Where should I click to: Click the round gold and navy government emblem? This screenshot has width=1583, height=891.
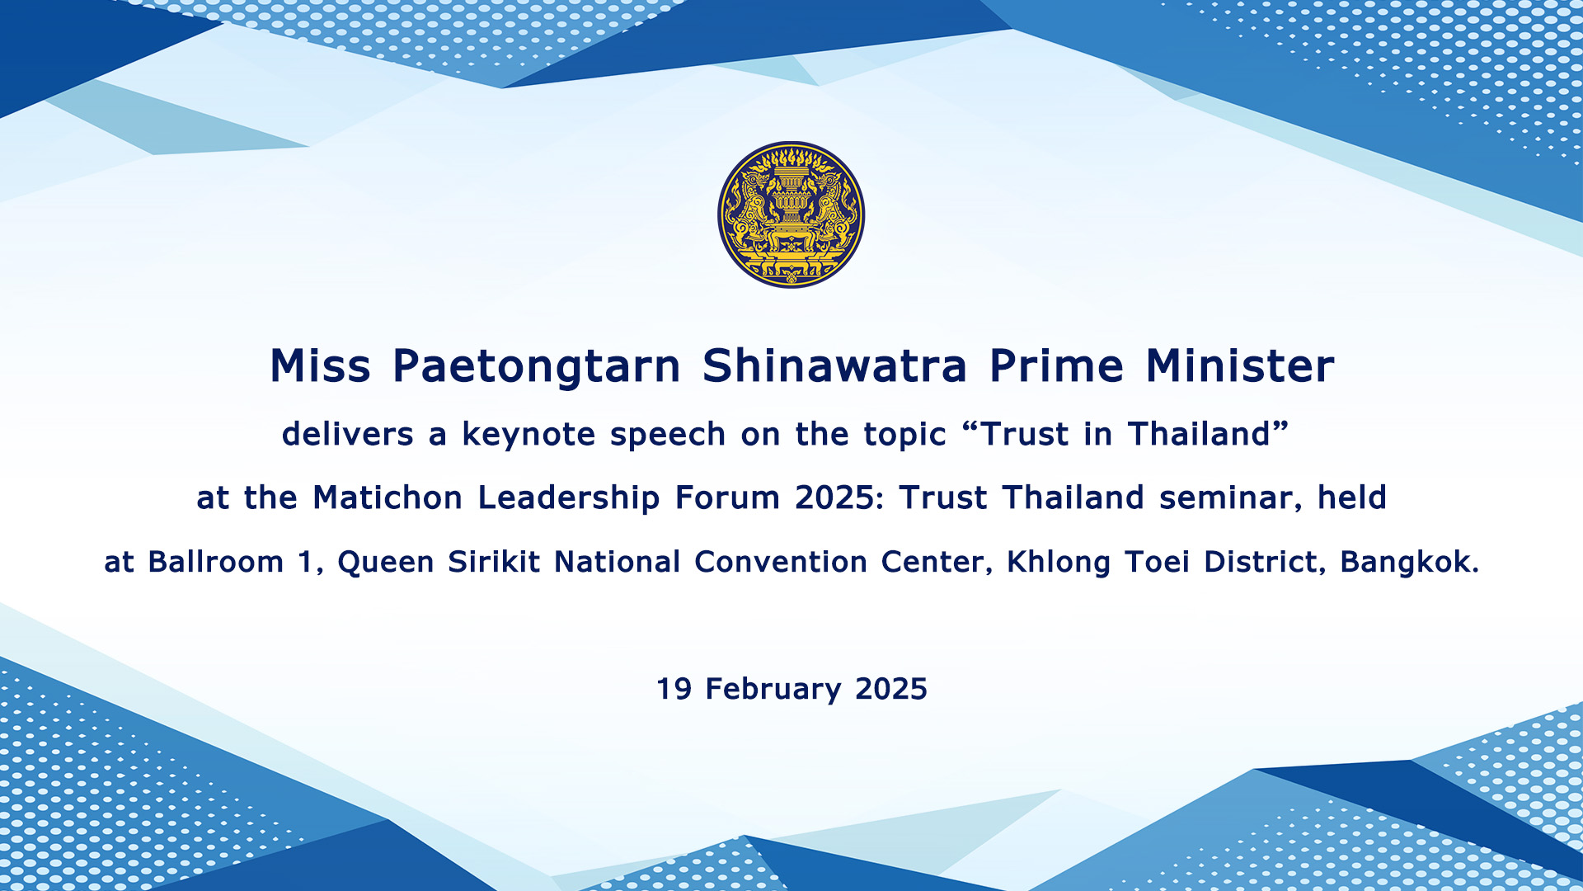791,214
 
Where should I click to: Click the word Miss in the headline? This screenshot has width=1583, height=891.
321,365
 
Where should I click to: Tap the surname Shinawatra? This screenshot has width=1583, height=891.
834,365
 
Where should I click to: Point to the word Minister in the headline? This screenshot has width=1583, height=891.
1240,365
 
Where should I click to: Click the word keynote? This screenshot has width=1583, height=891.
528,435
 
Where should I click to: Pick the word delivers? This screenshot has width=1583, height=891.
348,434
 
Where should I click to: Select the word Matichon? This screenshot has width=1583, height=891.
388,497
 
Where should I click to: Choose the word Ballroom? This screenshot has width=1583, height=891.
216,562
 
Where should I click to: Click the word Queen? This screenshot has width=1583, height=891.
386,563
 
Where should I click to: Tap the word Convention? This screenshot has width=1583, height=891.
780,562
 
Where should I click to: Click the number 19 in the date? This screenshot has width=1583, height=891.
674,689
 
